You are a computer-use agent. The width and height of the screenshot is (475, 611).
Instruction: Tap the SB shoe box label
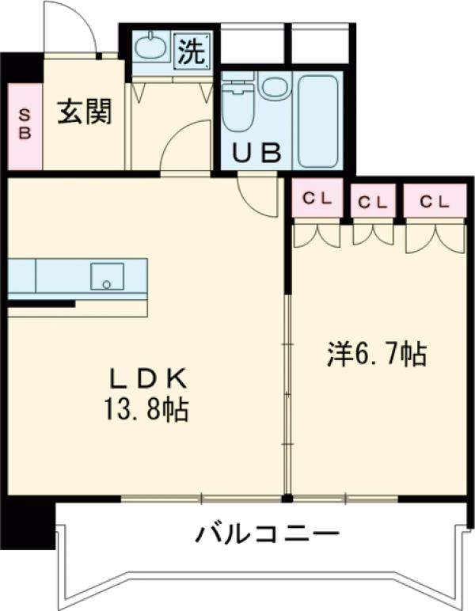click(25, 126)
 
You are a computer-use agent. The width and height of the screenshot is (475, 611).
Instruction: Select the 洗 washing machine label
click(192, 51)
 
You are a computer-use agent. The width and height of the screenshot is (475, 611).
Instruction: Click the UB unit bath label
click(255, 152)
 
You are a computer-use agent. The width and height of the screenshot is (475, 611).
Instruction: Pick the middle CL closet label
click(373, 202)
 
